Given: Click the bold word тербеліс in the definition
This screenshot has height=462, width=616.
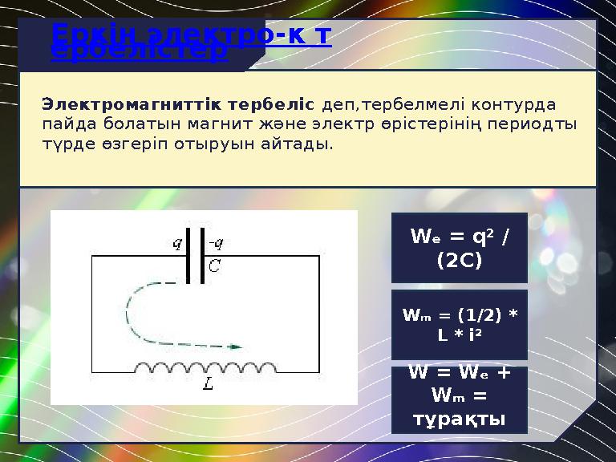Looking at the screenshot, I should (x=271, y=105).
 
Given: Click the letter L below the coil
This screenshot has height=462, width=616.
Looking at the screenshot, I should (x=208, y=385).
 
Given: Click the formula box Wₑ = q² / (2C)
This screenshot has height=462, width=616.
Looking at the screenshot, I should (x=459, y=248).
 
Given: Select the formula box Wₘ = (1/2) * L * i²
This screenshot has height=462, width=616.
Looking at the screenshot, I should (x=459, y=324).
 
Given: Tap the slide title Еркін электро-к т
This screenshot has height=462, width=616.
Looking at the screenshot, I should (x=191, y=36).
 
